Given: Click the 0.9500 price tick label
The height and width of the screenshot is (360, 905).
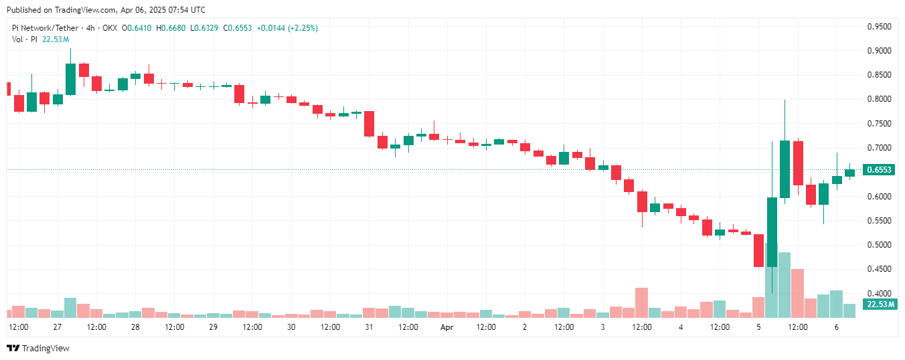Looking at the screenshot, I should pos(879,27).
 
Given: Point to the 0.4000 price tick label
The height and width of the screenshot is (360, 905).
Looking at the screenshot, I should pos(879,293).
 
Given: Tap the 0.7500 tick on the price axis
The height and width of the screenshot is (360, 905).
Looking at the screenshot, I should pos(879,124).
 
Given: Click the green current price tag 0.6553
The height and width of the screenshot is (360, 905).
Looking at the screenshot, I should pos(879,170).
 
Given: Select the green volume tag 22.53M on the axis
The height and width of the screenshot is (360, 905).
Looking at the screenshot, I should pos(880,304).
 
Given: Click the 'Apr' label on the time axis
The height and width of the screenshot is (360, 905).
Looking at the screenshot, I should pos(447,327).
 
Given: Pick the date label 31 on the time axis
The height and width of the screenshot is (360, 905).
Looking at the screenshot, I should pos(369,327).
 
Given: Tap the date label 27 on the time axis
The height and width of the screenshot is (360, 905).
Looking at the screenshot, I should pos(58,327).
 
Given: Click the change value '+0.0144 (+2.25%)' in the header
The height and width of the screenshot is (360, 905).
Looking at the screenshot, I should pos(287,28).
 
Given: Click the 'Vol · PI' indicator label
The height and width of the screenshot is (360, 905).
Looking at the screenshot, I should pos(25,39).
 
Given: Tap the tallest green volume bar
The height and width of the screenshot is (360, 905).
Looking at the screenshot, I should pos(785,284).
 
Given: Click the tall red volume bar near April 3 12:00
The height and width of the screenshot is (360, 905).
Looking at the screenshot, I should pos(641,302).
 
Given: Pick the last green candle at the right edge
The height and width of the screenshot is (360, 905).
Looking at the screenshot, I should pos(849,173).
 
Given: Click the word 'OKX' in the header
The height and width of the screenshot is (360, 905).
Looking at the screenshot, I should pos(109,28).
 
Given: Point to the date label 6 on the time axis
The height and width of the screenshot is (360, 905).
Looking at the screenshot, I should pos(837,327).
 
